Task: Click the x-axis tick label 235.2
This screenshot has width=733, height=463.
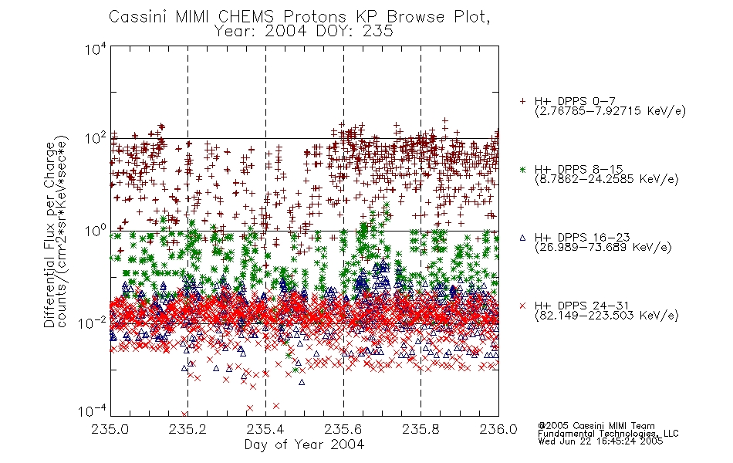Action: [187, 429]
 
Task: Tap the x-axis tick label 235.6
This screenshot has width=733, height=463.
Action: [343, 429]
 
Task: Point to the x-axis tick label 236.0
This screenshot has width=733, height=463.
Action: [498, 429]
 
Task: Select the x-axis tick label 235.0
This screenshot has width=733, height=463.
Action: [110, 429]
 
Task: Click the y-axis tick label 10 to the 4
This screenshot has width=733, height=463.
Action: [96, 49]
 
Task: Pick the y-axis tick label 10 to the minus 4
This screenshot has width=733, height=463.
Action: [92, 411]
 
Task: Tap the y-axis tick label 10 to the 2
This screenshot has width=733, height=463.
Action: [96, 138]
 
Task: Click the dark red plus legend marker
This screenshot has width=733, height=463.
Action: [522, 101]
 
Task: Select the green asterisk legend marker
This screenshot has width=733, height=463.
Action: [522, 169]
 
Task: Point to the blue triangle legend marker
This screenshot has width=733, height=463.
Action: [522, 238]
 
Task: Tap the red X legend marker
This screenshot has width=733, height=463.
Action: [522, 306]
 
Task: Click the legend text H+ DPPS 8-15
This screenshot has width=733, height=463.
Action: [579, 169]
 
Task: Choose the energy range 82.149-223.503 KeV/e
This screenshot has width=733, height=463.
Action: [606, 316]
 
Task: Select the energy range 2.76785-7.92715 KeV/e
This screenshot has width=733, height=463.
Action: [610, 111]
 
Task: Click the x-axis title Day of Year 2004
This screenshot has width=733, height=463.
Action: [304, 444]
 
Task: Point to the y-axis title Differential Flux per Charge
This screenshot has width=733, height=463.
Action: [49, 235]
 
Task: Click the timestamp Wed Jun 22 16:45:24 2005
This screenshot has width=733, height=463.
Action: [600, 441]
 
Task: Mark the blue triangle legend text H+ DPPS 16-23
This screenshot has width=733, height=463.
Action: [583, 238]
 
